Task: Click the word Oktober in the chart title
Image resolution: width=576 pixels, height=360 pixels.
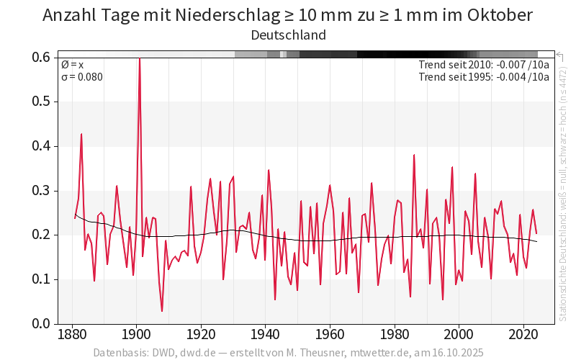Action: [x=496, y=15]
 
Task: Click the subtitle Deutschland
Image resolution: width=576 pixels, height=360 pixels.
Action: [x=288, y=35]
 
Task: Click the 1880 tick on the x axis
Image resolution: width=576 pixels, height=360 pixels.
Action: [x=71, y=335]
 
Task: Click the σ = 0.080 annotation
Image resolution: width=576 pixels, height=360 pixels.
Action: [x=82, y=77]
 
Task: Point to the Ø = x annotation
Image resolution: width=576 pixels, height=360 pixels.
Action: [x=72, y=65]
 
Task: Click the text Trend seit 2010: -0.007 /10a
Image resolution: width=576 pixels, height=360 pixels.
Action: [x=484, y=65]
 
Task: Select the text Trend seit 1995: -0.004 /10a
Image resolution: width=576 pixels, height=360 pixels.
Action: [x=484, y=77]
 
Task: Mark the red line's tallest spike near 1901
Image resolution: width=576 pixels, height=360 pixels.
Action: [x=139, y=58]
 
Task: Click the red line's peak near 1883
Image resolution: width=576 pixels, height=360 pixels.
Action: [x=81, y=134]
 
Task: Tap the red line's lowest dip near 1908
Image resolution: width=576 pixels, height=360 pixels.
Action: [x=162, y=311]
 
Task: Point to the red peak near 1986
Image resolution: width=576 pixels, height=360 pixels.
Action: [x=414, y=155]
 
